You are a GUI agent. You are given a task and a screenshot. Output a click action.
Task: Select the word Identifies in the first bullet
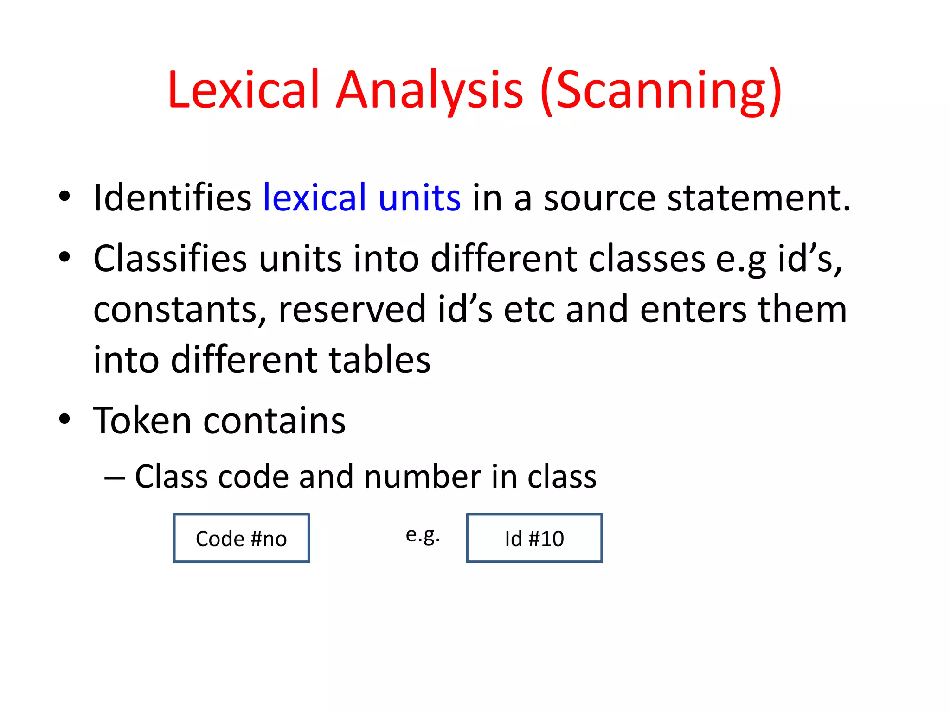[172, 198]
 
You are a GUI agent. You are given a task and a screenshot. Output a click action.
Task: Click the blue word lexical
[315, 198]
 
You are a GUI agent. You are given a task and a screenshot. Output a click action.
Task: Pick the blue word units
[419, 198]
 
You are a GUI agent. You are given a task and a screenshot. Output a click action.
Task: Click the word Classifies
[170, 259]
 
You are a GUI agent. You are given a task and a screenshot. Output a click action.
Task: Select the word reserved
[352, 310]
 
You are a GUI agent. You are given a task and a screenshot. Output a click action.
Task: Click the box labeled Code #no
[241, 538]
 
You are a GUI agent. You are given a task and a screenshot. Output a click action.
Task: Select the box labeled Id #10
[534, 538]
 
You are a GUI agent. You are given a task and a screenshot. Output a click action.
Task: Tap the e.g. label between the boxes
[423, 535]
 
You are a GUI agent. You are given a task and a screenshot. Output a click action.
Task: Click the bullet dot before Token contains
[64, 419]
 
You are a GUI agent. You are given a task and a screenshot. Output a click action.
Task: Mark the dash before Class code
[115, 478]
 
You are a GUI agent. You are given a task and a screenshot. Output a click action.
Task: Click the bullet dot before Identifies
[64, 196]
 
